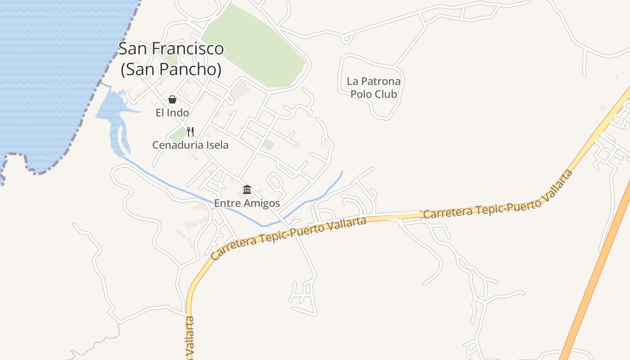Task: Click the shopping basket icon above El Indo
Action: coord(172,99)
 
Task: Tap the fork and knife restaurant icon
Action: coord(190,132)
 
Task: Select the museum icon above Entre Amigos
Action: coord(247,189)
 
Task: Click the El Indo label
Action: coord(172,112)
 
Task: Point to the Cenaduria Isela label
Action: coord(190,145)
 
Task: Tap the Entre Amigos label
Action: coord(247,203)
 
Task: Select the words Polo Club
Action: coord(373,94)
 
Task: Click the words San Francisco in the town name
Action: coord(171,49)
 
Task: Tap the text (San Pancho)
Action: coord(171,69)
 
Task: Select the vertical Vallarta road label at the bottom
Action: coord(190,337)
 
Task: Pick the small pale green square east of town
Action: coord(269,145)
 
